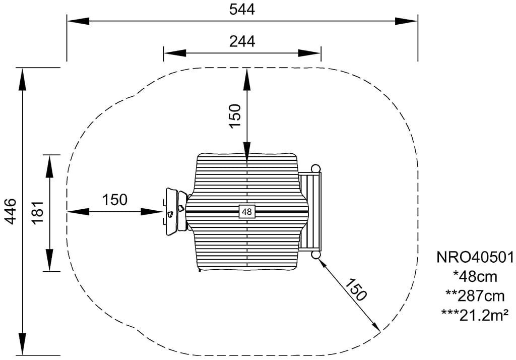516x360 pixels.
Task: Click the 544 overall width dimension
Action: (x=242, y=10)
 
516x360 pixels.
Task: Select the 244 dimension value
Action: (x=242, y=41)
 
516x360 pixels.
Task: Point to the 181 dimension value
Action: (x=38, y=212)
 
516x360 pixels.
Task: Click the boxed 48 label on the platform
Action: (x=247, y=211)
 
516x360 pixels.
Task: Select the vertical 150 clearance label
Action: (x=235, y=115)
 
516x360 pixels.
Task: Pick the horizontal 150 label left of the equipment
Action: (x=114, y=200)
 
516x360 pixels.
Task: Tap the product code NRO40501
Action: (x=475, y=257)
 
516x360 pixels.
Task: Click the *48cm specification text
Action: (x=475, y=277)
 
